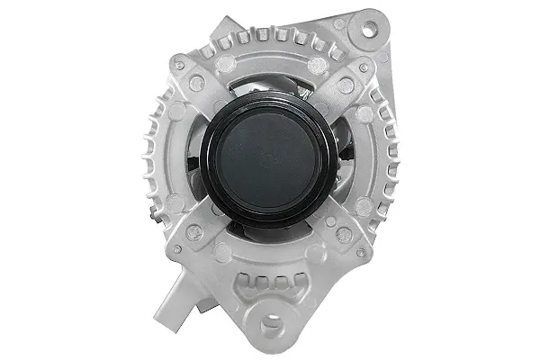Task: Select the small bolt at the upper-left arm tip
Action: [x=179, y=66]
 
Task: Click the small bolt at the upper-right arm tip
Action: [x=363, y=67]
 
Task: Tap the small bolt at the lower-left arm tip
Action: [x=178, y=249]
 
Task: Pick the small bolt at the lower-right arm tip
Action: [x=364, y=249]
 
